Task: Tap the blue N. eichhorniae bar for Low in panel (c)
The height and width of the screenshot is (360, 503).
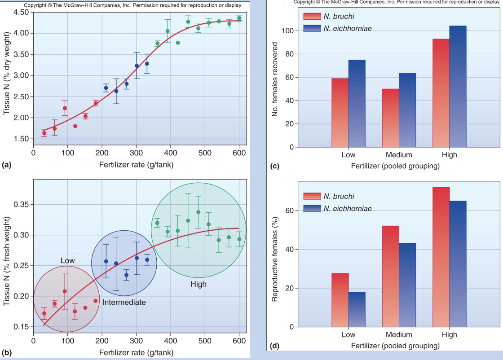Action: click(357, 103)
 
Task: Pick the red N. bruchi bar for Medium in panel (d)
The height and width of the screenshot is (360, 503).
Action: click(390, 276)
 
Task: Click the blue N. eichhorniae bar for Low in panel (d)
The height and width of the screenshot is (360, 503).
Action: click(357, 309)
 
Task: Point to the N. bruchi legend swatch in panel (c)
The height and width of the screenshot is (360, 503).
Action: click(311, 17)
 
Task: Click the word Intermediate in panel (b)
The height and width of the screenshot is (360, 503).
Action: click(124, 303)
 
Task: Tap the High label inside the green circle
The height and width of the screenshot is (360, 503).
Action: click(199, 284)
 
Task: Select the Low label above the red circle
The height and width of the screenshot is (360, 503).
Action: click(68, 261)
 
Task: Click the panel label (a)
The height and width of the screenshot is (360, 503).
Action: click(6, 165)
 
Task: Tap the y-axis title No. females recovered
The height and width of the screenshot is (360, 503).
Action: click(275, 79)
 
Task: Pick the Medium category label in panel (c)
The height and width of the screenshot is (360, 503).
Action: click(398, 155)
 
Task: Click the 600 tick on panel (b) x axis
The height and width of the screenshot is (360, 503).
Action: click(239, 340)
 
